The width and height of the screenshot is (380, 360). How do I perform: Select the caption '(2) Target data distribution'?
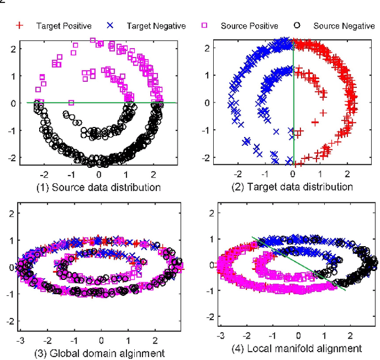(294, 187)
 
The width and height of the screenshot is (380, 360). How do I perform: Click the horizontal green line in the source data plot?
(89, 103)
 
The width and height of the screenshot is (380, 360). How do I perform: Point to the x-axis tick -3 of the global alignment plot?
(21, 342)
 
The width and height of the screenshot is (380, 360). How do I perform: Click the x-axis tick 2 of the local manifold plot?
(349, 336)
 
